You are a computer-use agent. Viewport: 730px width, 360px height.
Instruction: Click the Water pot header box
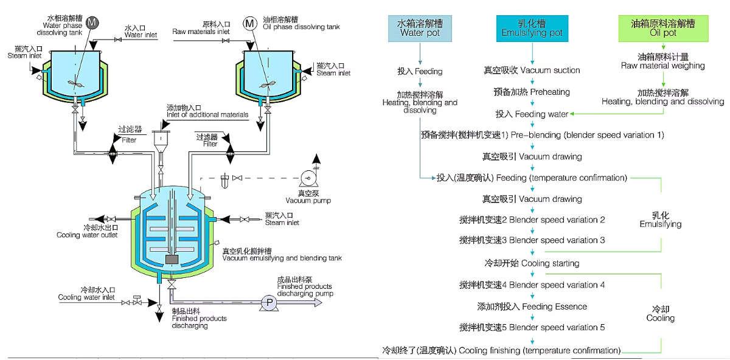point(420,28)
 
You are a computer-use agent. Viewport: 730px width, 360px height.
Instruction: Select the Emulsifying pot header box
point(532,28)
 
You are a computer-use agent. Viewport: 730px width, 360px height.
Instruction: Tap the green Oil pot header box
point(662,28)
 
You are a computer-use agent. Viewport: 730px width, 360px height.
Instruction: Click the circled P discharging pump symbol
point(266,303)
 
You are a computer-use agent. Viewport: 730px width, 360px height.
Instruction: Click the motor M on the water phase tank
point(92,22)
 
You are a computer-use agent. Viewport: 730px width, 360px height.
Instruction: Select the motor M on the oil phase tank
point(250,24)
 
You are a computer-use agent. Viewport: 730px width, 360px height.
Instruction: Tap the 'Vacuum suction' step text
point(532,71)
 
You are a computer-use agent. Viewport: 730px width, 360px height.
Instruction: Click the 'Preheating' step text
point(532,92)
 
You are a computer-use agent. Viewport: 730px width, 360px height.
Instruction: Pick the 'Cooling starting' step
point(532,263)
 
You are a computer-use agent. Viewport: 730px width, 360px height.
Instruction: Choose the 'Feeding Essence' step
point(532,306)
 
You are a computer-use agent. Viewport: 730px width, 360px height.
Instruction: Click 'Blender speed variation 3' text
point(532,240)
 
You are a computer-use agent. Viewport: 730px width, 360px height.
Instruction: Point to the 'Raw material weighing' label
point(662,61)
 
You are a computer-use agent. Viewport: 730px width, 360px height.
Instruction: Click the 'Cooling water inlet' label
point(86,294)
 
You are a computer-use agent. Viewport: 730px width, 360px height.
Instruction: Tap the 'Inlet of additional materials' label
point(207,111)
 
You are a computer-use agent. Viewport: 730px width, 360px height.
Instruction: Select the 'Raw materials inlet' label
point(201,27)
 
